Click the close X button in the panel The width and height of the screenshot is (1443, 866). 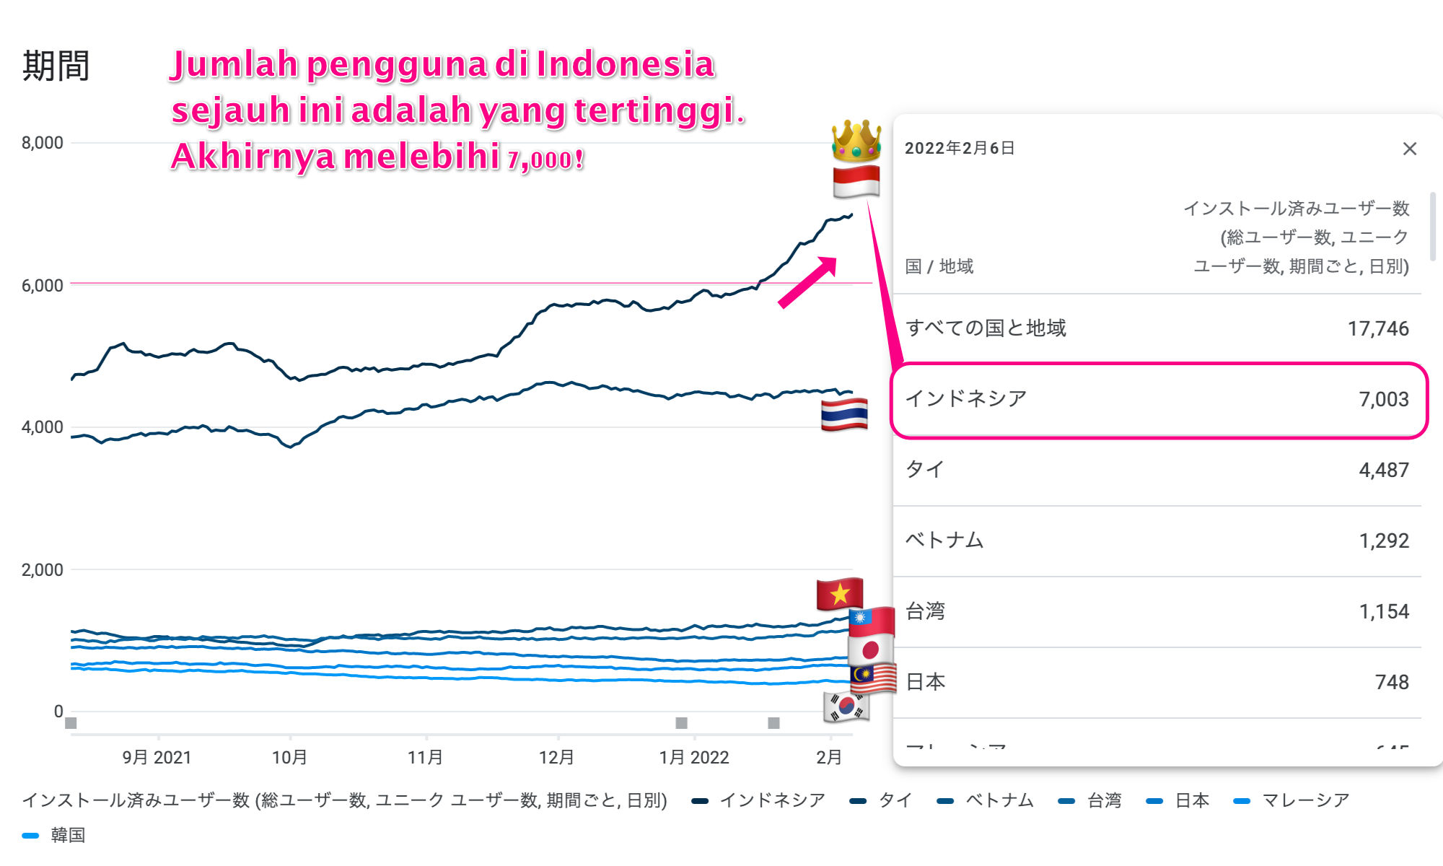click(1409, 149)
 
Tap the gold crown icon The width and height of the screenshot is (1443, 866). click(856, 140)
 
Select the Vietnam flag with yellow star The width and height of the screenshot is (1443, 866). click(839, 594)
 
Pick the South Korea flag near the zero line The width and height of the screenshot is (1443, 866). click(846, 707)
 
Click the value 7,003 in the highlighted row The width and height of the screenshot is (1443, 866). click(1383, 400)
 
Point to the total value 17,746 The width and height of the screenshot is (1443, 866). click(1377, 329)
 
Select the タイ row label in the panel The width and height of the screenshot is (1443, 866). click(924, 470)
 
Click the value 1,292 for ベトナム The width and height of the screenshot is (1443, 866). click(1383, 541)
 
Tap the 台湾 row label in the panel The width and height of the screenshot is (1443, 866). click(925, 611)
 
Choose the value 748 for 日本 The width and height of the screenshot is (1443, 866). click(1391, 683)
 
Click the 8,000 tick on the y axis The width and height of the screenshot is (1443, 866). click(43, 143)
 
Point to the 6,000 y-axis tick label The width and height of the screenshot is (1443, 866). click(43, 286)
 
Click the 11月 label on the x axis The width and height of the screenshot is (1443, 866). click(425, 758)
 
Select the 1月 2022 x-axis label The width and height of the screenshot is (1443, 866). click(694, 758)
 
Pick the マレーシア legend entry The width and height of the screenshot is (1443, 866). click(1304, 800)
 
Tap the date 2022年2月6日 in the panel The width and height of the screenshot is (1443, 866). click(960, 149)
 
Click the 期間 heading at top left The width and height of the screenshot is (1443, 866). click(56, 66)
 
